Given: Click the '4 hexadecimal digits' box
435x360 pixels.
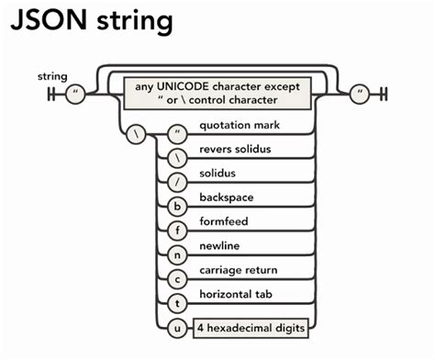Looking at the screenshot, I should [251, 327].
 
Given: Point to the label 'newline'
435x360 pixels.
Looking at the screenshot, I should [220, 247].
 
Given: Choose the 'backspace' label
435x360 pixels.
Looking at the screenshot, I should [226, 197].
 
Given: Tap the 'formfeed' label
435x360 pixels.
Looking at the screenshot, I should [223, 222].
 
